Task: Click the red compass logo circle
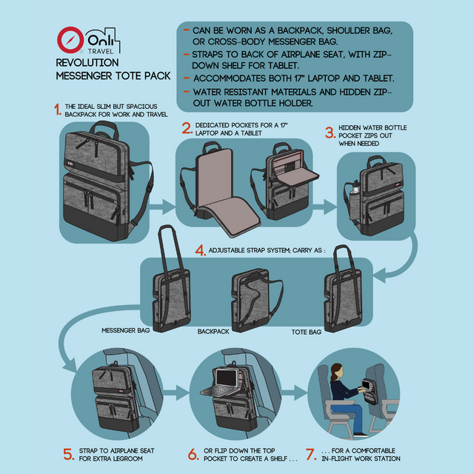coord(70,40)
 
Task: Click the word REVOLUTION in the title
coord(87,62)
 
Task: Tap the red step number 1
coord(58,110)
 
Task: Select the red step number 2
coord(187,128)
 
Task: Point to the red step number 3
coord(330,133)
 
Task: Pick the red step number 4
coord(201,250)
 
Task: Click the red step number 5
coord(69,454)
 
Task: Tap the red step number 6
coord(193,454)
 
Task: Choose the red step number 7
coord(311,454)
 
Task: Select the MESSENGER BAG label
coord(126,330)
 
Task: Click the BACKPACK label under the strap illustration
coord(213,332)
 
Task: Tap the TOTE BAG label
coord(306,333)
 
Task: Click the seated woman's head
coord(338,371)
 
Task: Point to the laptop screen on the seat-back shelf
coord(226,377)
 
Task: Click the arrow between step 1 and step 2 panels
coord(162,207)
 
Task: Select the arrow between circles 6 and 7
coord(294,393)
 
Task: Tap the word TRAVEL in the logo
coord(101,51)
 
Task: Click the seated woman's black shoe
coord(361,435)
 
